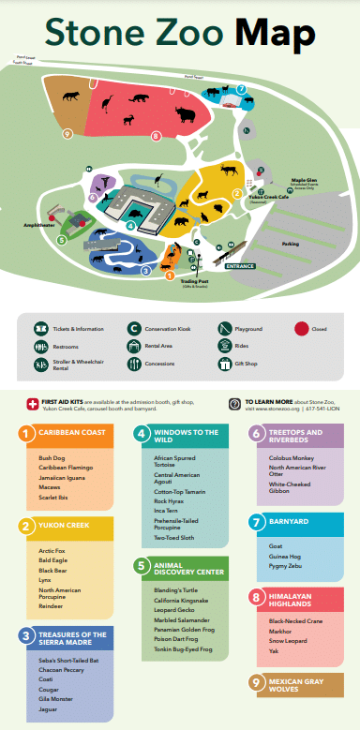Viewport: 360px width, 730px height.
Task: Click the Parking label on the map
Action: [291, 244]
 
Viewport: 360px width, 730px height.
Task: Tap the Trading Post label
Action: [195, 280]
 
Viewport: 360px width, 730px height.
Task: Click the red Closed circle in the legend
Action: [302, 329]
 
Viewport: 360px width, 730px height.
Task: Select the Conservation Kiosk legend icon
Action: [134, 329]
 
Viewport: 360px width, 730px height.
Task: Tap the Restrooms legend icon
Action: [40, 346]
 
